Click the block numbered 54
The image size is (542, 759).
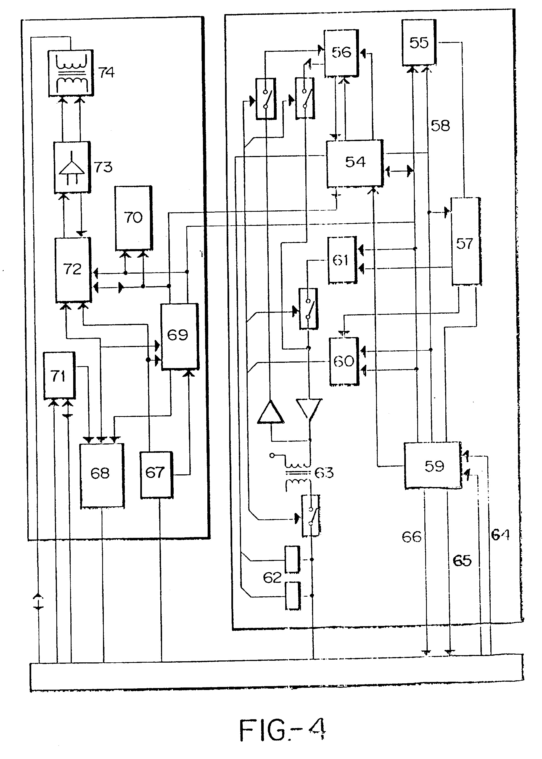point(355,163)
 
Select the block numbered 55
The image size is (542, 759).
point(419,43)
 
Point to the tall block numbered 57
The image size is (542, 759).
point(466,241)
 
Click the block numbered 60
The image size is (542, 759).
point(344,361)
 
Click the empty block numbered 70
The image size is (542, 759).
point(133,218)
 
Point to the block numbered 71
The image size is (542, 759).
point(59,375)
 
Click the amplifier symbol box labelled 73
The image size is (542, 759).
point(72,167)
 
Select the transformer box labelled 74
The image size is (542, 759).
point(71,73)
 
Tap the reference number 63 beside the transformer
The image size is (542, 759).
point(324,472)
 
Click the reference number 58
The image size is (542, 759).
point(440,126)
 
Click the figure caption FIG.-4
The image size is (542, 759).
point(282,730)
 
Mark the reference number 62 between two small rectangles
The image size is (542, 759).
point(272,577)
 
